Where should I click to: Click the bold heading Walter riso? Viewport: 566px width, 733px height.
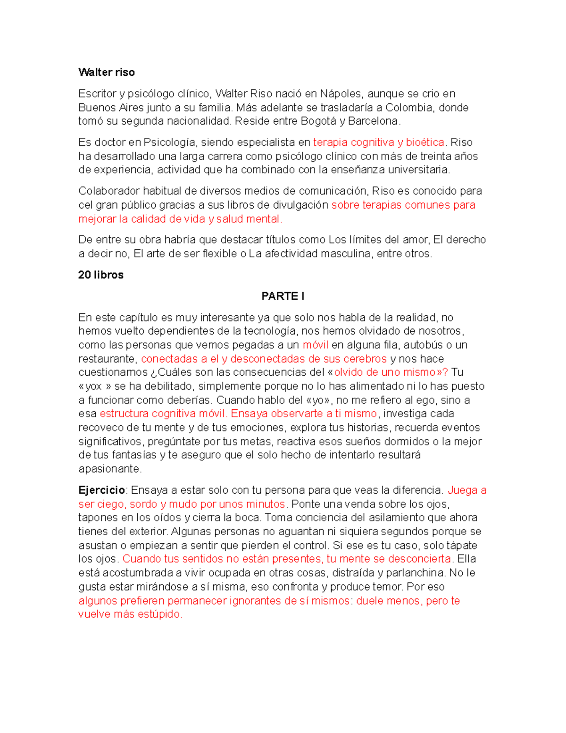click(x=107, y=72)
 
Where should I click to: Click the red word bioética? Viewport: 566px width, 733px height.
click(x=425, y=142)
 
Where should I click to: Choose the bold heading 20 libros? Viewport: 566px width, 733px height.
click(x=101, y=275)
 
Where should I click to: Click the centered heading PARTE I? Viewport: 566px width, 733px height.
click(x=283, y=296)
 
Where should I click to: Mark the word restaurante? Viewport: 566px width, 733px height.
click(x=108, y=359)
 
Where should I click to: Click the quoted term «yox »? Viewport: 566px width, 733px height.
click(x=95, y=386)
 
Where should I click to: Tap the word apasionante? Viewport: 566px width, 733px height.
click(x=109, y=469)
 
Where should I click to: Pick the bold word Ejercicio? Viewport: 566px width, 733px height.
click(x=101, y=490)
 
